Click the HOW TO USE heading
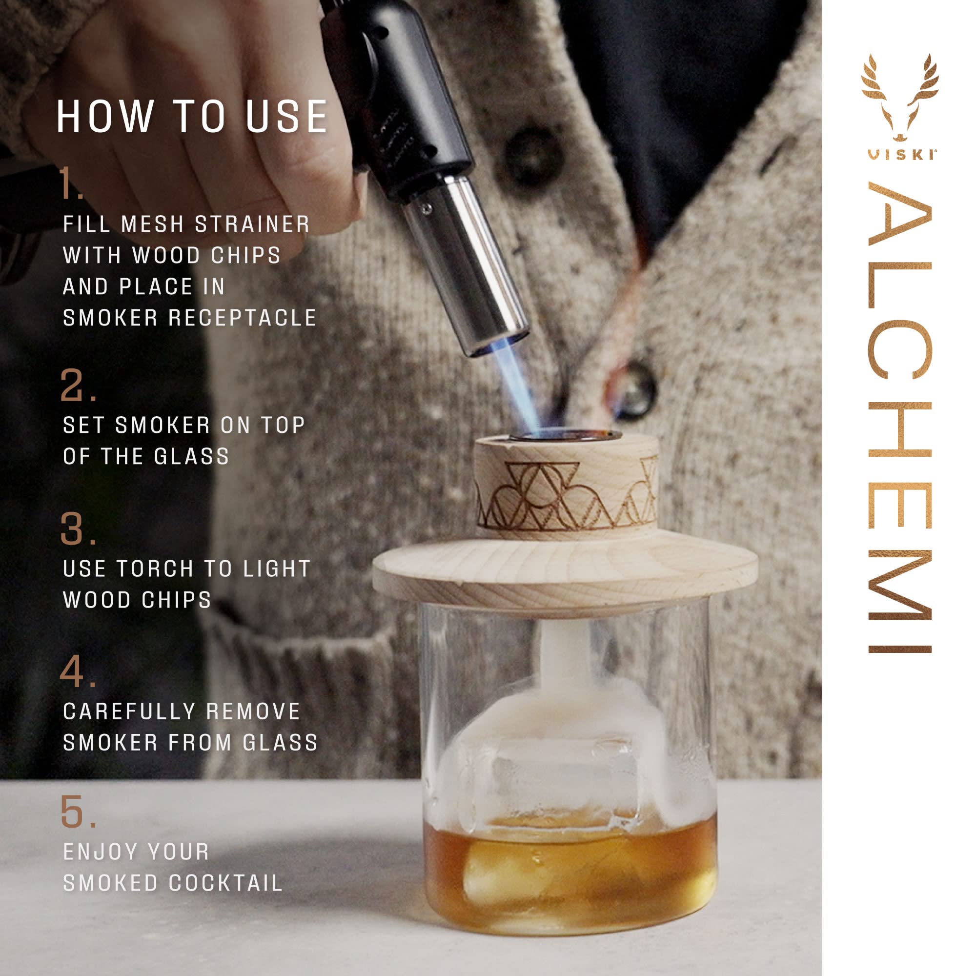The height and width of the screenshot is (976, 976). coord(192,117)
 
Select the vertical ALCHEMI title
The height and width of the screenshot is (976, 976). coord(900,419)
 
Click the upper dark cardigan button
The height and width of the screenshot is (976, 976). coord(527,152)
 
